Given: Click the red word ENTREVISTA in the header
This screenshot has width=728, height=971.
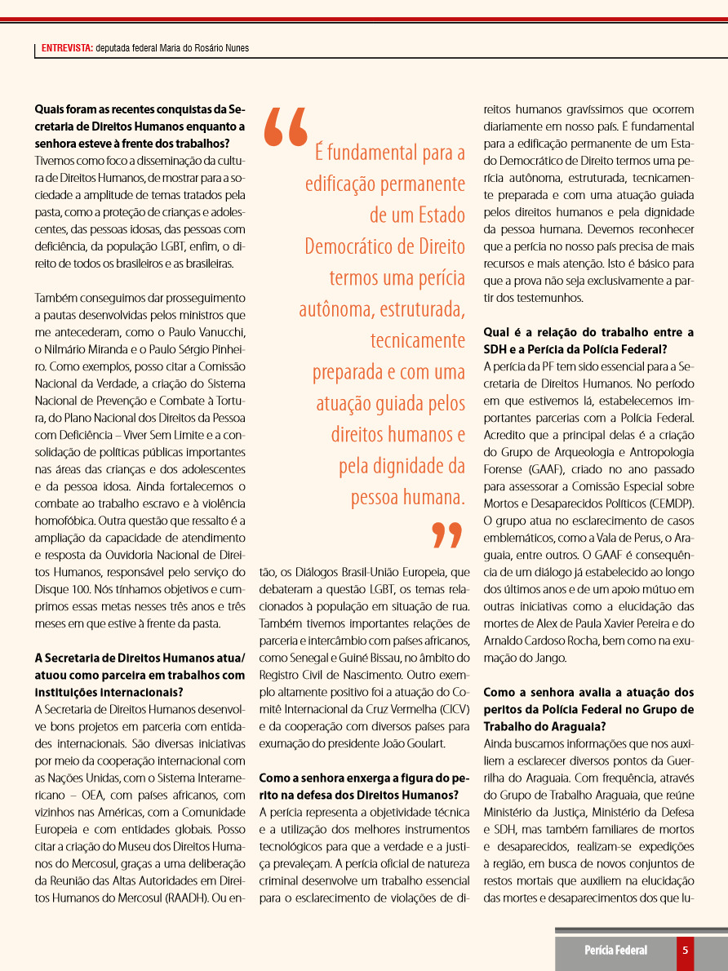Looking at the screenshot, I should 67,48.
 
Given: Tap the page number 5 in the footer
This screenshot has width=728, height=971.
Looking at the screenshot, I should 686,950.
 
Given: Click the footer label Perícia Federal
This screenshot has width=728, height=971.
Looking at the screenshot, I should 615,950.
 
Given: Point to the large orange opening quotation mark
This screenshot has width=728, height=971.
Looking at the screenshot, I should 286,127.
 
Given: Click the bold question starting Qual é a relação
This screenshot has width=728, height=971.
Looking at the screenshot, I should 588,341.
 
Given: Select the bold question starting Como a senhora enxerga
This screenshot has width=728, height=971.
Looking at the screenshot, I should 364,786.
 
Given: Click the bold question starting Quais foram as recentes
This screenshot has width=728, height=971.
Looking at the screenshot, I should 140,117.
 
